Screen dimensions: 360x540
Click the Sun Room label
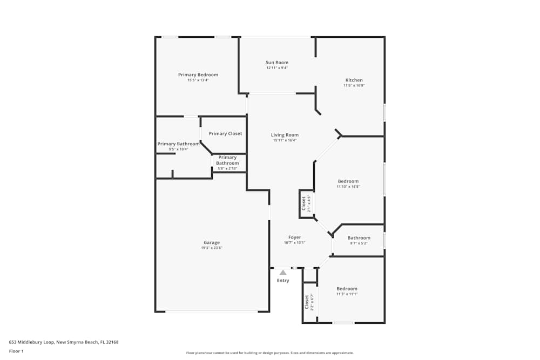(276, 63)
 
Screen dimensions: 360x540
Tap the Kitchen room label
(354, 80)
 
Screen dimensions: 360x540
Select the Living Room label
(285, 135)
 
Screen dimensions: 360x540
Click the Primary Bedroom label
(198, 74)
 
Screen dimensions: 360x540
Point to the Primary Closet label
(225, 133)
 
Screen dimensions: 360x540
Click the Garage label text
(212, 242)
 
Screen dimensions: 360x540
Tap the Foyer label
(294, 237)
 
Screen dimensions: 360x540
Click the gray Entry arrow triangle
(283, 273)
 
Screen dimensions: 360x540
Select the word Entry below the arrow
(283, 281)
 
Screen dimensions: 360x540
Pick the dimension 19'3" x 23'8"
(212, 248)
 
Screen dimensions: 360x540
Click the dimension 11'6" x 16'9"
(354, 86)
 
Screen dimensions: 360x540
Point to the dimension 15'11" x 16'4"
(285, 140)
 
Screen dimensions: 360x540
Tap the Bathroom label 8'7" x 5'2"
(359, 238)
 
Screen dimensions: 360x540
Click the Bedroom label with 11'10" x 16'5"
(348, 181)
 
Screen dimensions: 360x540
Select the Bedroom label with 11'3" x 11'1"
(347, 289)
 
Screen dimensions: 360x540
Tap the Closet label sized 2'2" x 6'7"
(307, 302)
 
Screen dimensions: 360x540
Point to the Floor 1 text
(16, 351)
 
